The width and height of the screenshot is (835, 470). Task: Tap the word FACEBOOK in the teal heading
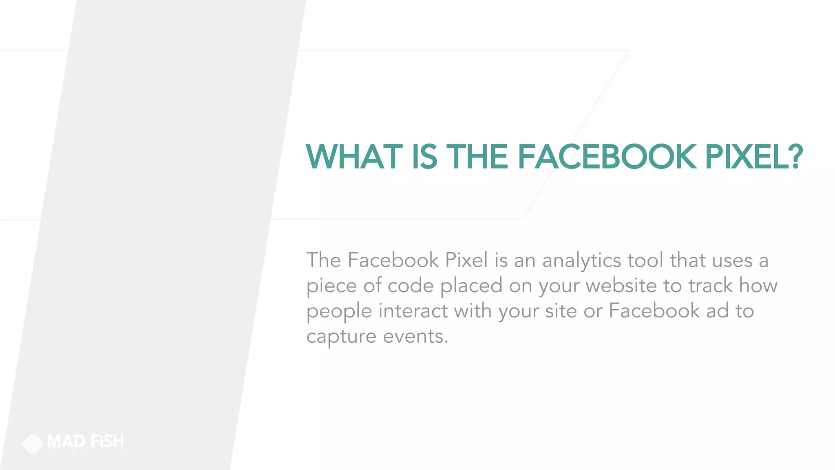pos(607,157)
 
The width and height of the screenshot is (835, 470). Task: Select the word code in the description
pos(411,286)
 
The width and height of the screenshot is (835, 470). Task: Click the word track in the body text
pos(710,286)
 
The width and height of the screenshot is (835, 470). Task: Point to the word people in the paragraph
pos(339,311)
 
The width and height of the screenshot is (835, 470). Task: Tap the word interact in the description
pos(413,311)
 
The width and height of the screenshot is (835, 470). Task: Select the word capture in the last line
pos(341,337)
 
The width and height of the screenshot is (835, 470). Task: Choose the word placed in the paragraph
pos(471,286)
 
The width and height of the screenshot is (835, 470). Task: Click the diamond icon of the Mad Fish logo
pos(33,443)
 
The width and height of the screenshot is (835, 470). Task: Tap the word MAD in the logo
pos(66,441)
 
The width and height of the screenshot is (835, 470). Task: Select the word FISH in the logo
pos(107,441)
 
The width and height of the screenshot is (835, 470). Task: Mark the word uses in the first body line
pos(732,260)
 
